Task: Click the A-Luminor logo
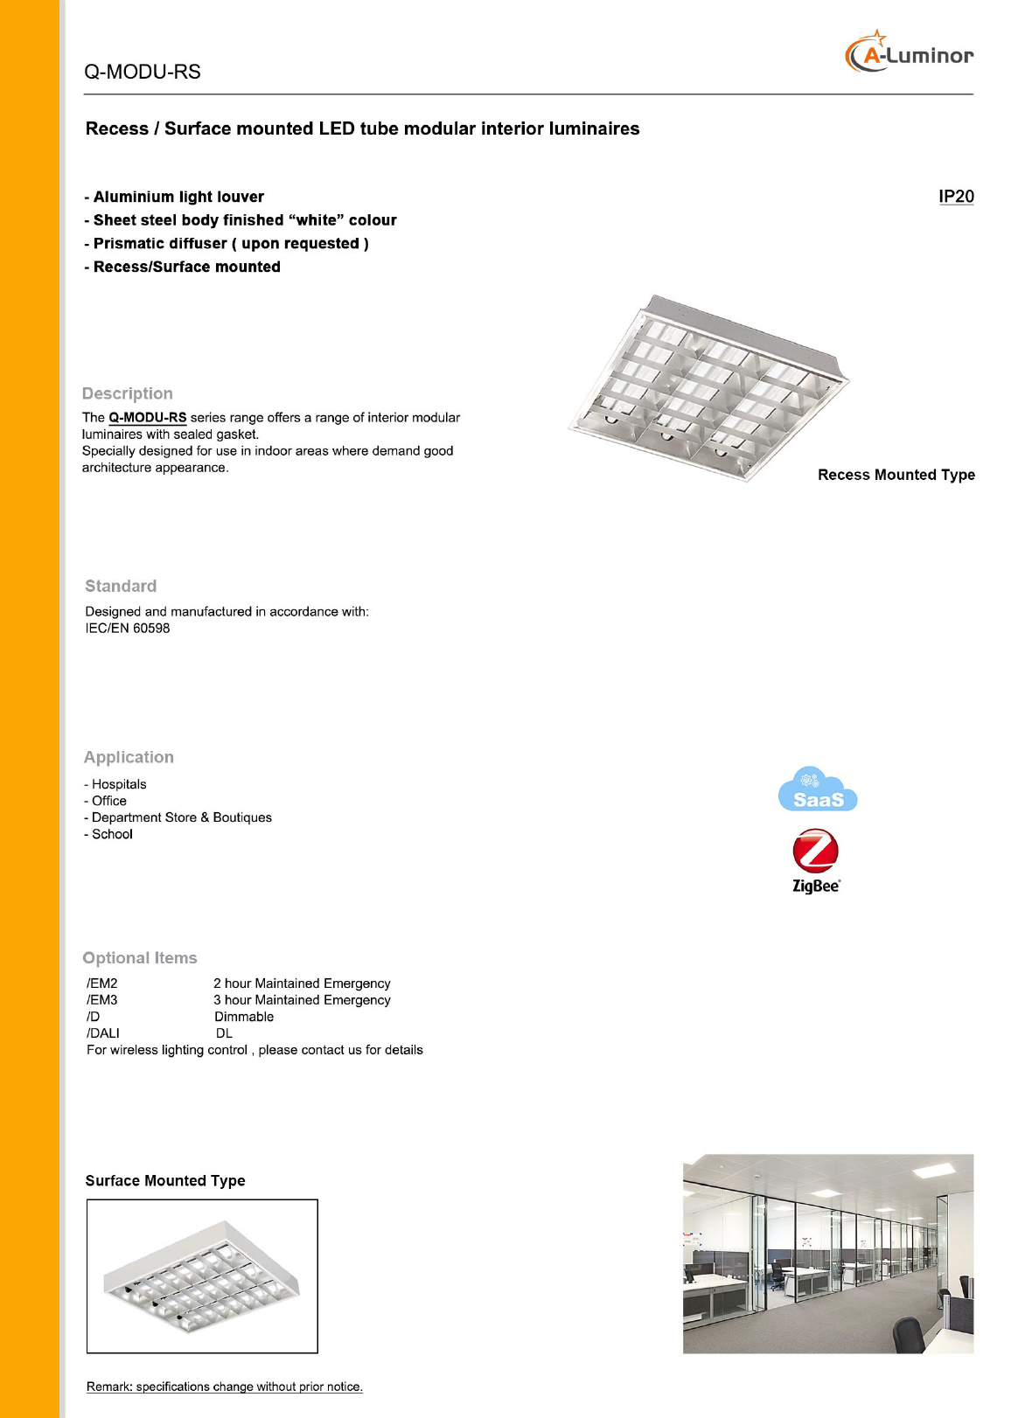pos(909,53)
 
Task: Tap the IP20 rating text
pos(955,197)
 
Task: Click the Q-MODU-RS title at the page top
pos(143,72)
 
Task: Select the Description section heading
pos(128,393)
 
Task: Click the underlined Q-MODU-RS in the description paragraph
pos(147,418)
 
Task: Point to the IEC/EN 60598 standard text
pos(128,629)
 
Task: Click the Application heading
pos(129,757)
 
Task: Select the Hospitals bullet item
pos(118,784)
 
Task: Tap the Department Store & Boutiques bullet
pos(181,817)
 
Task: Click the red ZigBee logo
pos(815,852)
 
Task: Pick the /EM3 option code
pos(102,1000)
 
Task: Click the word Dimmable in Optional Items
pos(244,1017)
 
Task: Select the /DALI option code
pos(103,1033)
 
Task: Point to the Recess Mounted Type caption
pos(896,475)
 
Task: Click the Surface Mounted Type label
pos(165,1181)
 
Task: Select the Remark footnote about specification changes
pos(224,1387)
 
